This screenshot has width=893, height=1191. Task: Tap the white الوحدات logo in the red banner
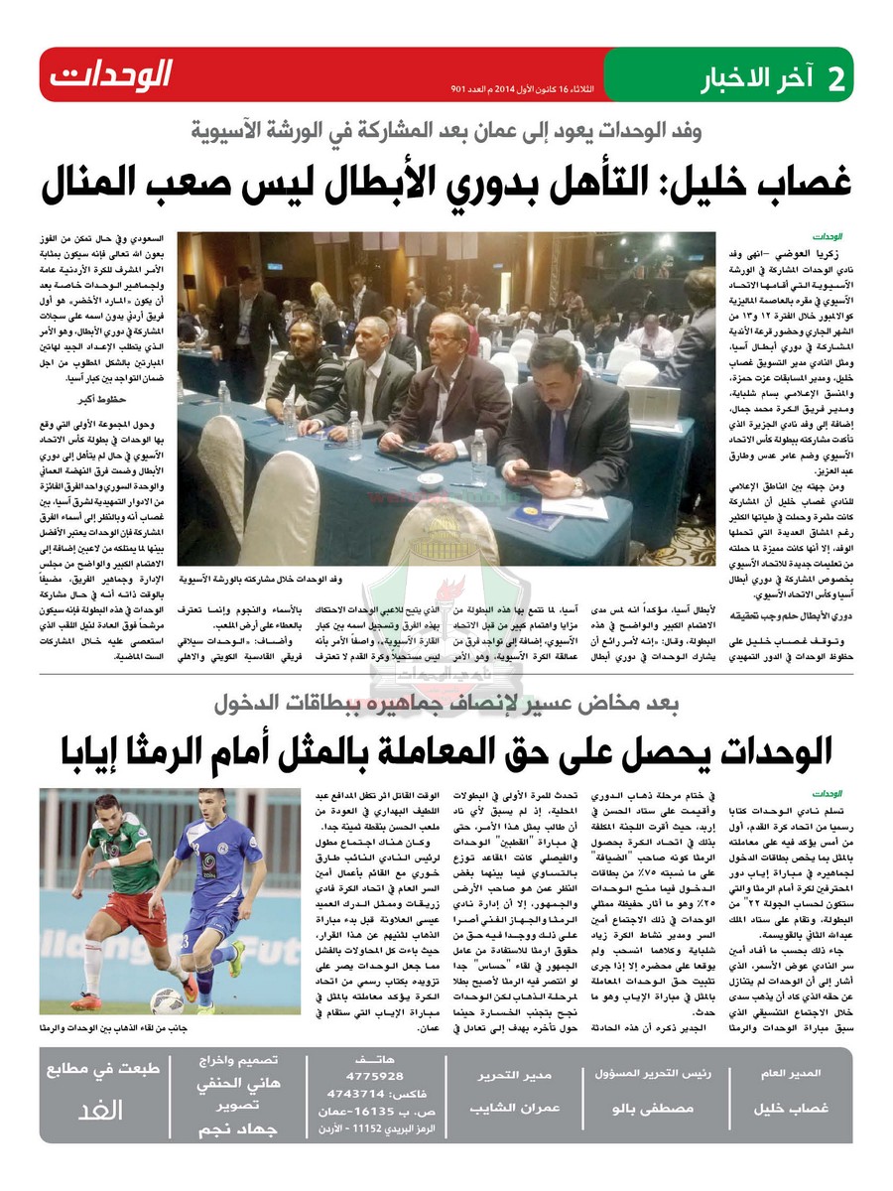pyautogui.click(x=111, y=73)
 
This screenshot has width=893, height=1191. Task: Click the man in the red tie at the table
pyautogui.click(x=444, y=392)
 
